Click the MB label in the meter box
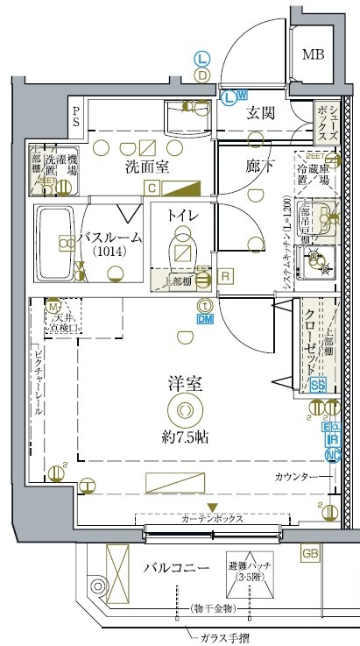[313, 55]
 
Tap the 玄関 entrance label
[262, 112]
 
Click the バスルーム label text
[109, 238]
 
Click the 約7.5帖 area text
[183, 436]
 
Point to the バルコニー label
[177, 569]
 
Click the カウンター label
[295, 478]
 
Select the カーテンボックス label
[211, 519]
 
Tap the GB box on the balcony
[310, 553]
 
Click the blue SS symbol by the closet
[318, 385]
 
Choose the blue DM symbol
[204, 320]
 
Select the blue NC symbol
[332, 455]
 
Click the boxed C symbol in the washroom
[152, 188]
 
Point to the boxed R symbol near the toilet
[225, 277]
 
